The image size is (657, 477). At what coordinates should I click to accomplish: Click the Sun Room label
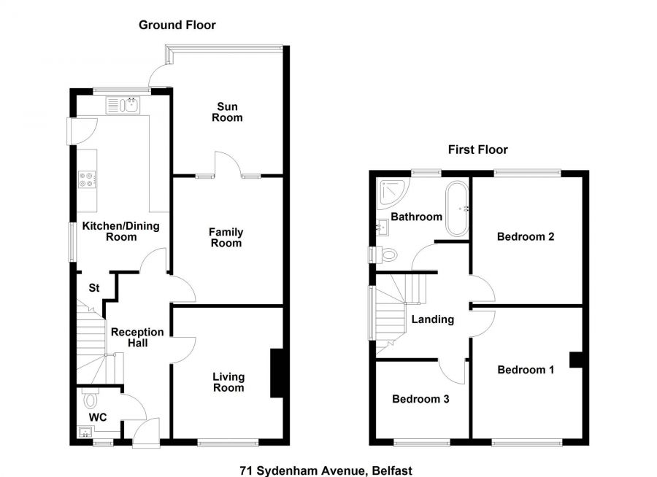pyautogui.click(x=227, y=112)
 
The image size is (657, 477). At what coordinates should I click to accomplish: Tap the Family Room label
pyautogui.click(x=226, y=237)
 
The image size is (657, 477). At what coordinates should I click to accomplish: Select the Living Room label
pyautogui.click(x=228, y=382)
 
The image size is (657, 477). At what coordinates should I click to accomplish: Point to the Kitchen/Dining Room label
pyautogui.click(x=120, y=231)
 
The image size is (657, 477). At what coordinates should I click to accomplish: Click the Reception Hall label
pyautogui.click(x=137, y=337)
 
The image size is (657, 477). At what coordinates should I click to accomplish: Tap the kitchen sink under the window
pyautogui.click(x=123, y=106)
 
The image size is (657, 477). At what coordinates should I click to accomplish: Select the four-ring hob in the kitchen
pyautogui.click(x=88, y=179)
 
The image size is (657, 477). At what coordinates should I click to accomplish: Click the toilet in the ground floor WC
pyautogui.click(x=91, y=400)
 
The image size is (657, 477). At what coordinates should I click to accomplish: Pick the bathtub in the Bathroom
pyautogui.click(x=457, y=209)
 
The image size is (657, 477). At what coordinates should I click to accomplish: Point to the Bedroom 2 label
pyautogui.click(x=526, y=236)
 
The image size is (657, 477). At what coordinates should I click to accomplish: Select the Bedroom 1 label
pyautogui.click(x=526, y=370)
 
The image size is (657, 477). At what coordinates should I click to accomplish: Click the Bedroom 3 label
pyautogui.click(x=420, y=399)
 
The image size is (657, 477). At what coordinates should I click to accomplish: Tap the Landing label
pyautogui.click(x=433, y=319)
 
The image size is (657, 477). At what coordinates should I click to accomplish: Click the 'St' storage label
pyautogui.click(x=94, y=287)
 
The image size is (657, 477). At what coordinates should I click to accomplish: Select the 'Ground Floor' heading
pyautogui.click(x=177, y=26)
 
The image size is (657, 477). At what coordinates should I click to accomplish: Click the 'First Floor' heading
pyautogui.click(x=477, y=150)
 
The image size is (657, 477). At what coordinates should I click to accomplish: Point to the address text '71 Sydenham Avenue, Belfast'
pyautogui.click(x=320, y=470)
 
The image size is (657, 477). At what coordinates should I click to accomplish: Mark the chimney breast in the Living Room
pyautogui.click(x=277, y=373)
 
